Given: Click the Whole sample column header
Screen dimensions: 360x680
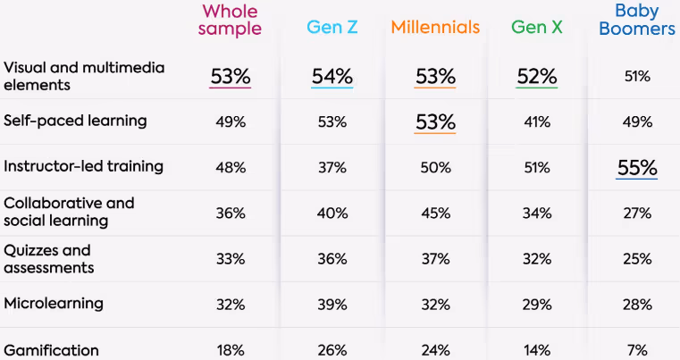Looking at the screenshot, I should click(x=231, y=20).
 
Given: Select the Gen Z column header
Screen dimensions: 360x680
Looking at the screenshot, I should click(x=332, y=28).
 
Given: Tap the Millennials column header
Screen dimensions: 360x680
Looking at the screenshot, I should click(x=435, y=28).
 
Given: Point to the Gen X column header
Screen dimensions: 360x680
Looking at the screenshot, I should click(x=536, y=28).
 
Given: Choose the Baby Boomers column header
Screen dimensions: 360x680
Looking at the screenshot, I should click(x=638, y=20).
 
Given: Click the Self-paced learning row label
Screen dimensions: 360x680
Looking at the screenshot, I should click(x=75, y=120).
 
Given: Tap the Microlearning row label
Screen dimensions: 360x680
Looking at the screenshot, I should click(x=54, y=303).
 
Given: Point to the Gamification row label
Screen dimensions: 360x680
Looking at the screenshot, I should click(x=51, y=350).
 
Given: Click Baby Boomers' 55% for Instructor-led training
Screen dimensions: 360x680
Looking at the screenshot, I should click(x=638, y=167).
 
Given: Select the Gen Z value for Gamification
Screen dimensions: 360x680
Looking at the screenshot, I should click(x=332, y=350).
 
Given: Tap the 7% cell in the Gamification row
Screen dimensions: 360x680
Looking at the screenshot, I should click(x=638, y=350).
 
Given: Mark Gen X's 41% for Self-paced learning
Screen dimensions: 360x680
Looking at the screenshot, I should click(x=536, y=121).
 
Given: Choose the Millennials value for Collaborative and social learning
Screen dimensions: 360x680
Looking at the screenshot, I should click(x=435, y=213).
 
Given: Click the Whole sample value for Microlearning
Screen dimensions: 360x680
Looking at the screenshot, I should click(x=231, y=305).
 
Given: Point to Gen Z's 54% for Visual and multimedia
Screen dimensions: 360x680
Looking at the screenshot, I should click(x=332, y=76).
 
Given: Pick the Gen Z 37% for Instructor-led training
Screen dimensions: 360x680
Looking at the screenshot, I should click(x=332, y=167).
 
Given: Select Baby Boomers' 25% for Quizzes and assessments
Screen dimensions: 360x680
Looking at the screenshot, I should click(x=638, y=259).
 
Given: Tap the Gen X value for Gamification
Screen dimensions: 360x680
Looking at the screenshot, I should click(x=536, y=350).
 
